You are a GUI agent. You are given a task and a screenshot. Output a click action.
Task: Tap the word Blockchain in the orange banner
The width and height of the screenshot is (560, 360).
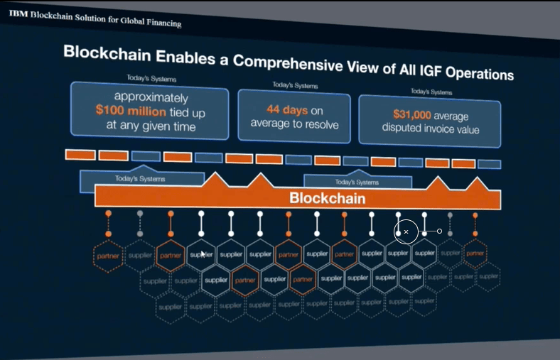pos(327,198)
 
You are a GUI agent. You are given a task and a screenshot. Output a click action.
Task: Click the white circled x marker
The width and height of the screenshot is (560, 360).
pos(406,231)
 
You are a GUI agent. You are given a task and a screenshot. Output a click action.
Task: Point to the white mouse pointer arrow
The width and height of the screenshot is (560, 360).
pos(203,253)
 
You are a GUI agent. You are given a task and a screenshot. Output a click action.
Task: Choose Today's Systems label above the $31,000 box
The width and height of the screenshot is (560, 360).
pos(431,92)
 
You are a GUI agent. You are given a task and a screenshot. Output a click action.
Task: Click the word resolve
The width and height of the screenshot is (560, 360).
pos(322,126)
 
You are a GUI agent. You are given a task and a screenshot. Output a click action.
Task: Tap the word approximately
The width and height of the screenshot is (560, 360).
pos(151,97)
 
